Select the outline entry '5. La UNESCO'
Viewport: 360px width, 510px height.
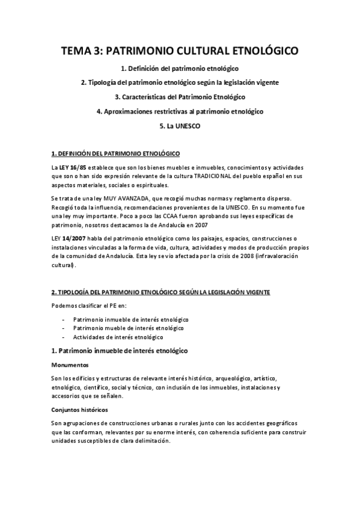180,126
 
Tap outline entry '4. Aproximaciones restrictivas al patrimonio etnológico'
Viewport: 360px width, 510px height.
180,111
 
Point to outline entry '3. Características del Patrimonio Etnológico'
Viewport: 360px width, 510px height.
180,96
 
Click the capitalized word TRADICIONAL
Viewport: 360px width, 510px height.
214,176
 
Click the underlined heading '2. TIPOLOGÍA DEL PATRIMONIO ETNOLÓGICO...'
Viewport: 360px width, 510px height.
160,292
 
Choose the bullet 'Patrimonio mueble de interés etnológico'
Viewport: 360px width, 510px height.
128,328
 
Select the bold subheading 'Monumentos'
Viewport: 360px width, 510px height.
70,365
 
